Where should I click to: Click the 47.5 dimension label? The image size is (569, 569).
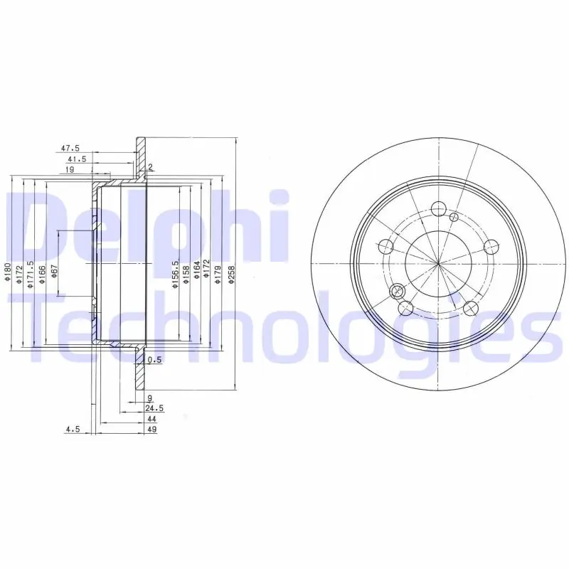coord(70,148)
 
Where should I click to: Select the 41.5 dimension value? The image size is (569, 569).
coord(77,159)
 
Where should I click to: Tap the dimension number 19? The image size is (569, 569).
coord(70,169)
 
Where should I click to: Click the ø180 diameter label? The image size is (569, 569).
coord(8,272)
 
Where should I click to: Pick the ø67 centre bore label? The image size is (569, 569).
coord(55,271)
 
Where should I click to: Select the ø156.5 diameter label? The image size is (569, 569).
coord(176,274)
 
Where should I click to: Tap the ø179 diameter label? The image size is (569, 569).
coord(218,274)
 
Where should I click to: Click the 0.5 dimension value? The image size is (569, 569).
coord(154,360)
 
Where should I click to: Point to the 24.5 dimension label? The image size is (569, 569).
coord(154,408)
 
